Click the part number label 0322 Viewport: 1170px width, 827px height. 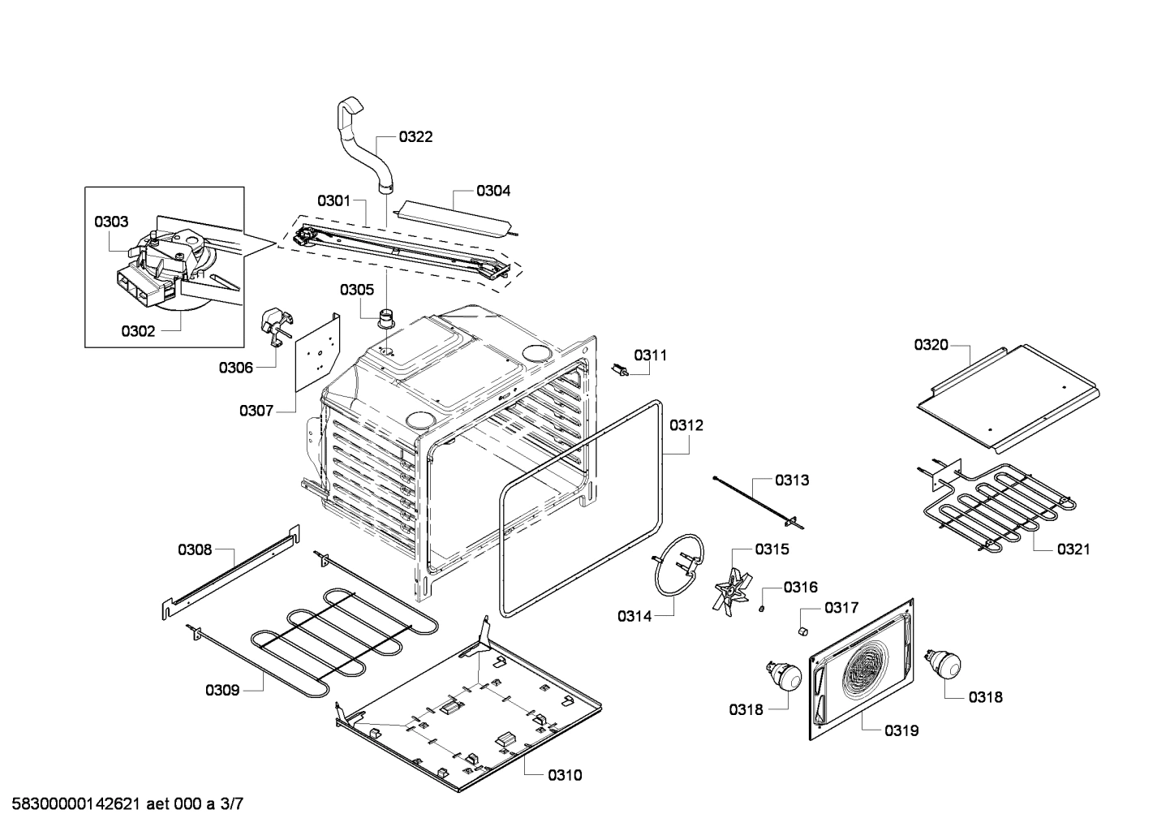point(415,136)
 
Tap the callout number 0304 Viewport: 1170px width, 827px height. point(493,191)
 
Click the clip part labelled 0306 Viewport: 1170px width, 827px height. point(273,326)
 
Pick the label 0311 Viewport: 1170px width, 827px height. point(651,355)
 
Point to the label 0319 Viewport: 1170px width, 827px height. point(901,730)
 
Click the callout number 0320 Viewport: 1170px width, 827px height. point(931,345)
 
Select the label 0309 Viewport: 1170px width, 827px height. point(222,690)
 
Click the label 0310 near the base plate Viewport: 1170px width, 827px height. point(565,775)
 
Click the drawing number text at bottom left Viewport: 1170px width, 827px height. point(123,804)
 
